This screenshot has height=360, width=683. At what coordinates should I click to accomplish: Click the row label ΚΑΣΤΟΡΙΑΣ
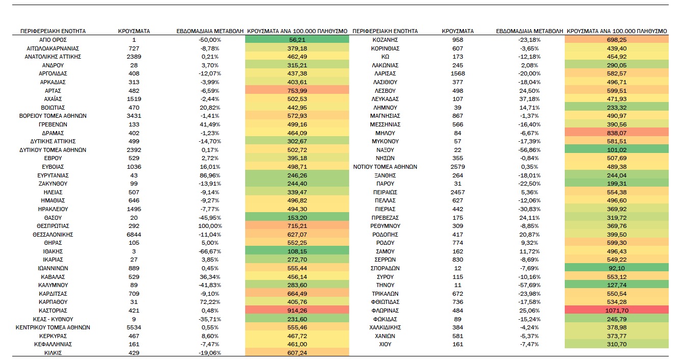(x=52, y=311)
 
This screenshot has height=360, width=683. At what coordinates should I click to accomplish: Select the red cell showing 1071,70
(x=617, y=311)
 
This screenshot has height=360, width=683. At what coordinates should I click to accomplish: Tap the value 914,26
(x=297, y=311)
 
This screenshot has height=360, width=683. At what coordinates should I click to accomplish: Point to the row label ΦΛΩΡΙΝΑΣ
(x=385, y=311)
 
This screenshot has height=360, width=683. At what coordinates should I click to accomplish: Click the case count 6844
(x=134, y=235)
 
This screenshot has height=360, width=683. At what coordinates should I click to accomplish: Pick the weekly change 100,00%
(x=210, y=226)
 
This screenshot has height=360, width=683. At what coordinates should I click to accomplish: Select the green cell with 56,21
(x=297, y=40)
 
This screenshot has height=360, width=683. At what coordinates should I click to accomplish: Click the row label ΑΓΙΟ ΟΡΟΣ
(x=52, y=40)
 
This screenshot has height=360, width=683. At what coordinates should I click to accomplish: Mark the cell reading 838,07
(x=617, y=133)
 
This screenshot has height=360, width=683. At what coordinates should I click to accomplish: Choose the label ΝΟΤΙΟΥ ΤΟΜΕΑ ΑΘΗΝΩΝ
(x=385, y=167)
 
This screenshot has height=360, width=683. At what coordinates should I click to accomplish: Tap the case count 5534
(x=134, y=327)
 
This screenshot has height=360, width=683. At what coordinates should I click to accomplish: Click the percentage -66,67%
(x=210, y=251)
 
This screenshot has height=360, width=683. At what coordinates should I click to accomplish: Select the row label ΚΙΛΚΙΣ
(x=52, y=353)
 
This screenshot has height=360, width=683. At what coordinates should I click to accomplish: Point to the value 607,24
(x=297, y=353)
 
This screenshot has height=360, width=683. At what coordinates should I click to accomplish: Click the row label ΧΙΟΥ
(x=385, y=344)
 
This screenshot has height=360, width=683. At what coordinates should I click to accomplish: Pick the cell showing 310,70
(x=617, y=344)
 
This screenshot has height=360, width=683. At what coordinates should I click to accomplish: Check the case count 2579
(x=458, y=167)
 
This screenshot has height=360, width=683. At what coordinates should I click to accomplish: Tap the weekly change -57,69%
(x=529, y=285)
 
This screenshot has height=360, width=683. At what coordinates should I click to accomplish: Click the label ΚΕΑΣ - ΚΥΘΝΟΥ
(x=52, y=319)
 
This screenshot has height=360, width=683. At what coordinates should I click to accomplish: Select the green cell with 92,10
(x=617, y=268)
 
